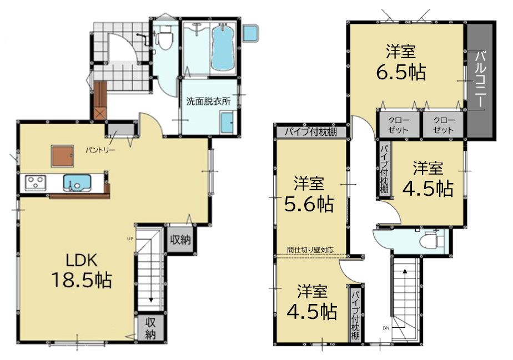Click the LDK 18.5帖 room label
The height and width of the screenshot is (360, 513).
[82, 271]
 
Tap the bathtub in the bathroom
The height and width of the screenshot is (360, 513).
[223, 48]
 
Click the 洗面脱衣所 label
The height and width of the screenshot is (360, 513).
[208, 101]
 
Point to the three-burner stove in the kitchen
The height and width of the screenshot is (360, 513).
[36, 182]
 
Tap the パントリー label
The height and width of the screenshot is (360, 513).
[100, 150]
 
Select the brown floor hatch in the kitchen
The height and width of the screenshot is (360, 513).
[62, 156]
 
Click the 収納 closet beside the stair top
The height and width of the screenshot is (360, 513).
[180, 240]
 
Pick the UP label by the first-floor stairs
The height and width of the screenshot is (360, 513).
[130, 239]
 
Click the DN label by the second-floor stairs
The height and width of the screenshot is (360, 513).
[386, 328]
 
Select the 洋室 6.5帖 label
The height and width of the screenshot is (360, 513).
[401, 62]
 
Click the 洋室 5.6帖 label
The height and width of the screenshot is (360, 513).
[309, 194]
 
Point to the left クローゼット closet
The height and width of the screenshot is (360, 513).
[398, 125]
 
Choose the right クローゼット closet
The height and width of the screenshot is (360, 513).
[443, 125]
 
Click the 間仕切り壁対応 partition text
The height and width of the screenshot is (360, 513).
[310, 250]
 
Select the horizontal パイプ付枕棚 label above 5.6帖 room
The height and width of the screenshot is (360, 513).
[310, 132]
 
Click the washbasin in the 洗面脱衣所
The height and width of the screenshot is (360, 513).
[228, 122]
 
